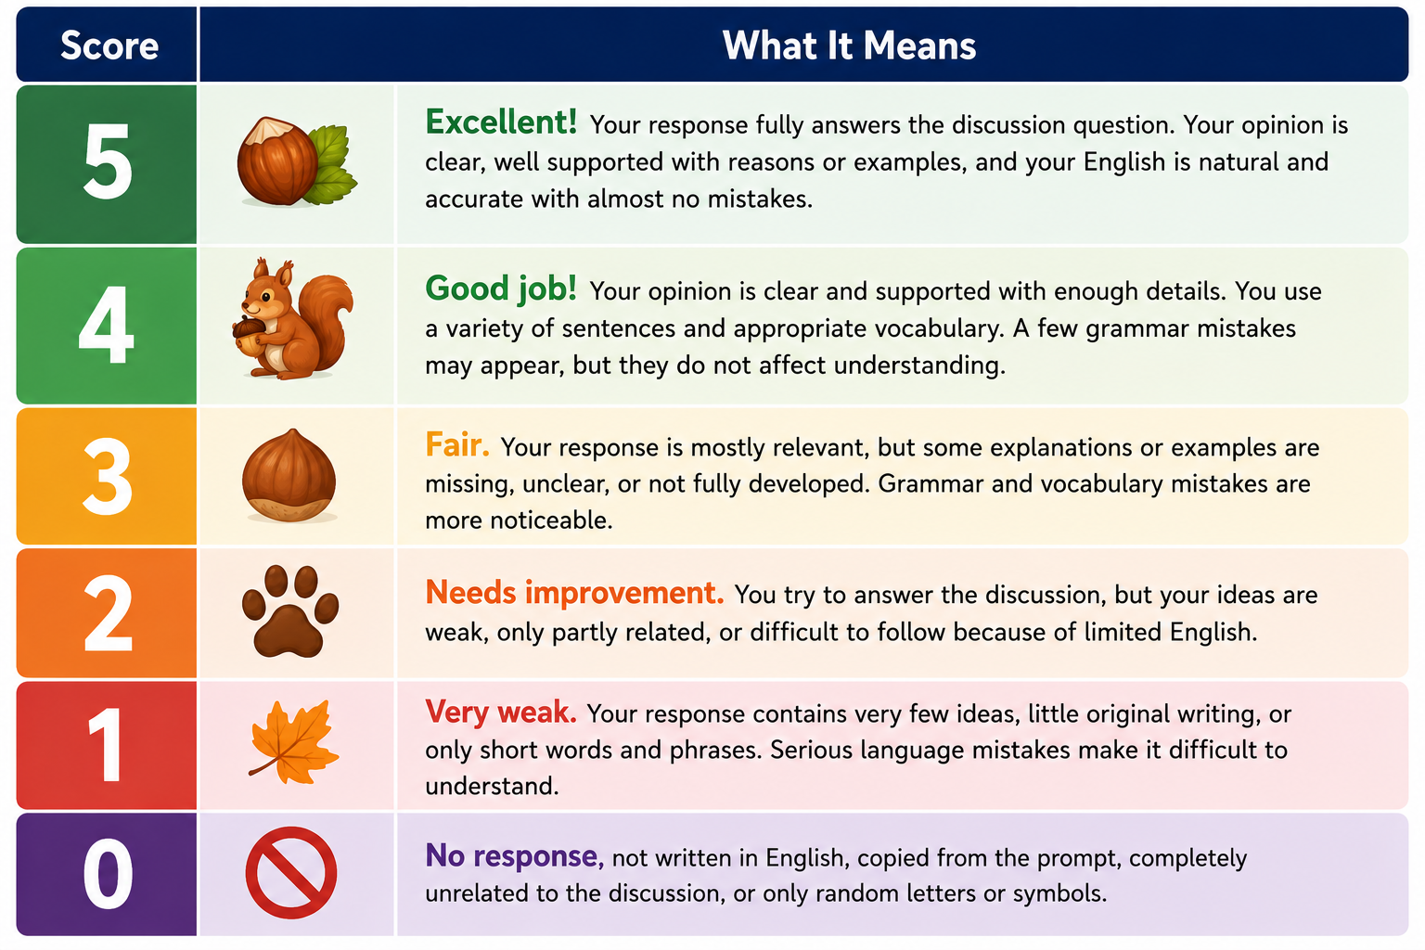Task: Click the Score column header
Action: [109, 45]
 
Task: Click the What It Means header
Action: [849, 45]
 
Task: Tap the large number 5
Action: [108, 161]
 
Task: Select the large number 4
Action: [107, 325]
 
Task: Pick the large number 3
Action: [108, 476]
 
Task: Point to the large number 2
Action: [109, 613]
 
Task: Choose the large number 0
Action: [109, 874]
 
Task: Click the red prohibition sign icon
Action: [291, 872]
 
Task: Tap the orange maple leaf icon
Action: [294, 742]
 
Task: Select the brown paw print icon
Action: [290, 610]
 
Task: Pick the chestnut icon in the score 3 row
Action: [289, 475]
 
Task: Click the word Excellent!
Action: [501, 122]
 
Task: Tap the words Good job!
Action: [501, 289]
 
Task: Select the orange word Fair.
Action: [457, 444]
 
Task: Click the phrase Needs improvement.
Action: [574, 593]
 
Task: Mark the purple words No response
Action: [515, 855]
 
